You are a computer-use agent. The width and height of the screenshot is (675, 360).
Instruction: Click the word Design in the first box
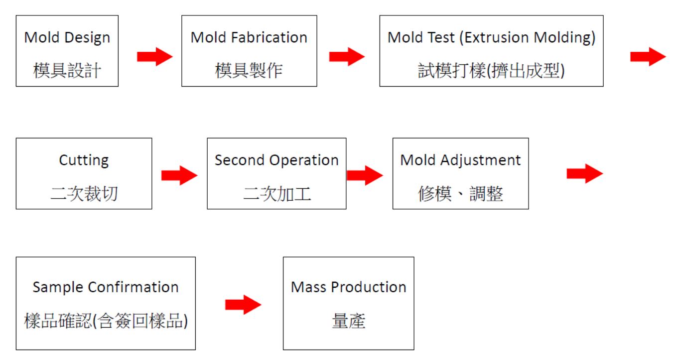tap(87, 38)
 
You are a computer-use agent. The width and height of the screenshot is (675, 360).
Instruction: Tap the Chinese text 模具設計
tap(67, 71)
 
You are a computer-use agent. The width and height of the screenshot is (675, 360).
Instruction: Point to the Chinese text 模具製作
tap(249, 71)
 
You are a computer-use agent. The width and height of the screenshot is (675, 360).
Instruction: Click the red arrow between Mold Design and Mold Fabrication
tap(154, 56)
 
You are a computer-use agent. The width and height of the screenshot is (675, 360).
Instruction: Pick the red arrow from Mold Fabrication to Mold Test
tap(347, 56)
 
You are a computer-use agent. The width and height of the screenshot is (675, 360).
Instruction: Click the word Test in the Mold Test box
tap(441, 37)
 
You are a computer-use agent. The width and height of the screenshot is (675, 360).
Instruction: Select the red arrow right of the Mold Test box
tap(648, 56)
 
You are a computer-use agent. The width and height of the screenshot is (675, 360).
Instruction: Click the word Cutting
tap(84, 160)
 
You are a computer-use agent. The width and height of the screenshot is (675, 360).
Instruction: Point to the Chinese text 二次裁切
tap(84, 193)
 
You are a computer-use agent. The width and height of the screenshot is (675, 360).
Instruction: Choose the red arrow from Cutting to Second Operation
tap(179, 175)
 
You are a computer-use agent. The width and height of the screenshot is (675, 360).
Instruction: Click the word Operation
tap(304, 160)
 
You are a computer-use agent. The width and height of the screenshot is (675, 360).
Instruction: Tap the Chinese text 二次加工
tap(277, 193)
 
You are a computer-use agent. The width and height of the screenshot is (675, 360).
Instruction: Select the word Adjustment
tap(481, 160)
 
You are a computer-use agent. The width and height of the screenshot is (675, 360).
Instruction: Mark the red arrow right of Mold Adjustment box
tap(585, 173)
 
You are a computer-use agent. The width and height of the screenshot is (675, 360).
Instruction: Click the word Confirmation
tap(133, 287)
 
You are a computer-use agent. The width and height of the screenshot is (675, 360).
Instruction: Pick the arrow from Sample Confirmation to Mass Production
tap(243, 305)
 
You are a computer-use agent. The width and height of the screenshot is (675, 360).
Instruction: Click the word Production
tap(369, 287)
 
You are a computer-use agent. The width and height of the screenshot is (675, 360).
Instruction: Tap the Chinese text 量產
tap(349, 321)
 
